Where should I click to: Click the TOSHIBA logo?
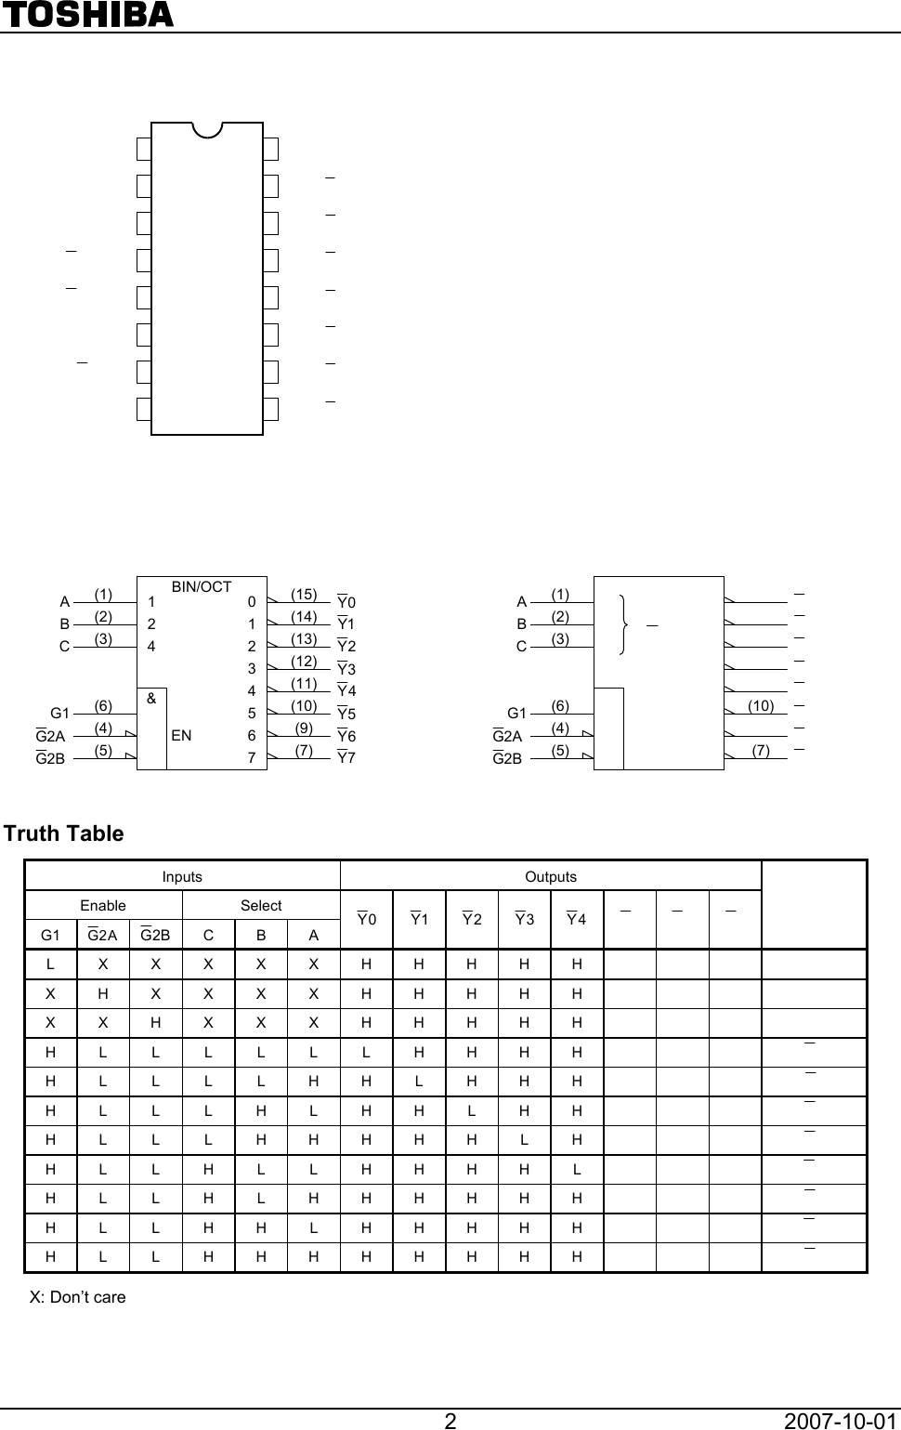87,15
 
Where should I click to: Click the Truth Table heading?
64,833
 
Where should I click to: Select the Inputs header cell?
182,876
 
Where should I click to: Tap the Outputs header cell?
551,876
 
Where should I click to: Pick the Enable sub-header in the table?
103,905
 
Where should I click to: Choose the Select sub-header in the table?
261,905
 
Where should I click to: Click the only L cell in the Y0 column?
367,1053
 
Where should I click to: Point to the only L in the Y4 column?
577,1169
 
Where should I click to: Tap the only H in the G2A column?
103,994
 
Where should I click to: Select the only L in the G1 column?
51,964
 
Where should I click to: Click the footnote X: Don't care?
78,1297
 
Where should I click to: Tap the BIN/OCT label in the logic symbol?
202,586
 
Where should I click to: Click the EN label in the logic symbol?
181,735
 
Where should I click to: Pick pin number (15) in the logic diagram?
304,594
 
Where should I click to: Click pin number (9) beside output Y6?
304,728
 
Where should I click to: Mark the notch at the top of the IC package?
207,131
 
